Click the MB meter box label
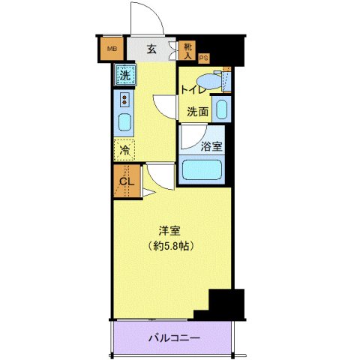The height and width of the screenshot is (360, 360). point(112,50)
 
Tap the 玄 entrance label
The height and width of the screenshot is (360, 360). point(151,50)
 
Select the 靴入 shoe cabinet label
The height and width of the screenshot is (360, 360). point(187,50)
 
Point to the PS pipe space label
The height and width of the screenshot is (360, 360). point(203,58)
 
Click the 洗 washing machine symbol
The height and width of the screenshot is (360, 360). point(125,74)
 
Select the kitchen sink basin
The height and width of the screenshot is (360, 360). point(124,121)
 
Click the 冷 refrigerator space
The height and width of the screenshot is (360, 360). point(124,149)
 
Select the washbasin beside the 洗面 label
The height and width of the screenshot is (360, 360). point(221,109)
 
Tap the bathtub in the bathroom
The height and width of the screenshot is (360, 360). point(202,169)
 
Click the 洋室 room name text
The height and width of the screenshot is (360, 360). point(167,231)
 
